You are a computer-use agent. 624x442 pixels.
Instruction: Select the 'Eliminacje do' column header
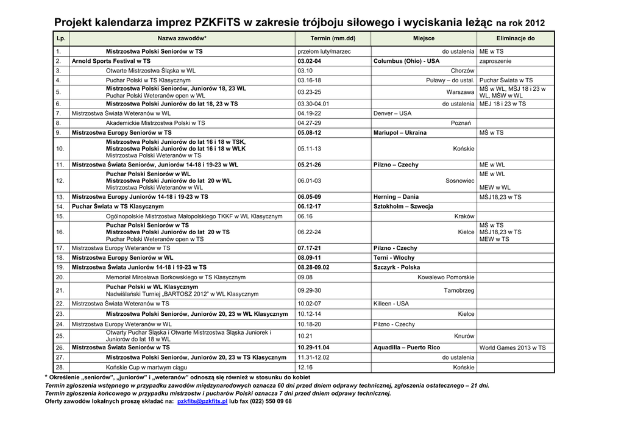coord(515,38)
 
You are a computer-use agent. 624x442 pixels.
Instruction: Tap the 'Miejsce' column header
coord(424,38)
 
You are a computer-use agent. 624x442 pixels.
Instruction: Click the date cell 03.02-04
coord(309,61)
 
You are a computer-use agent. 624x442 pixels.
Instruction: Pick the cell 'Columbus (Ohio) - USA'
coord(406,61)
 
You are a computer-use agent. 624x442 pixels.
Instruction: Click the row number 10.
coord(60,148)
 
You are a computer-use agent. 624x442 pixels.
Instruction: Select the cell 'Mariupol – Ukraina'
coord(400,132)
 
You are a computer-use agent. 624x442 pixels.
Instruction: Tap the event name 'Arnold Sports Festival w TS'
coord(111,61)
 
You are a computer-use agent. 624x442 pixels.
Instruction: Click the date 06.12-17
coord(309,207)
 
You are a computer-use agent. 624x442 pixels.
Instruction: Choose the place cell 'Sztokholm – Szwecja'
coord(403,207)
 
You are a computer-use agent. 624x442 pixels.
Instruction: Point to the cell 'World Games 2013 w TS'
coord(512,348)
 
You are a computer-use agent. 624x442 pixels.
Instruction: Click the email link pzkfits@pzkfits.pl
coord(202,401)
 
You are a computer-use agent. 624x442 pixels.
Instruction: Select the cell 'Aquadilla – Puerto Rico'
coord(406,348)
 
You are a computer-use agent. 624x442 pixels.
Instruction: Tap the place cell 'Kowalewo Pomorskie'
coord(445,277)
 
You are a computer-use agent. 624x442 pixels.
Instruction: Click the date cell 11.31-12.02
coord(313,357)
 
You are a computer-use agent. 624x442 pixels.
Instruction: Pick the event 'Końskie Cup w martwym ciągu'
coord(146,368)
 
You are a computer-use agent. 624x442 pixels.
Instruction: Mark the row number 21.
coord(60,290)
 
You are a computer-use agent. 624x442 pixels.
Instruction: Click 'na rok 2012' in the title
coord(520,23)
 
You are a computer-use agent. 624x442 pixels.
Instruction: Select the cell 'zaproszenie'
coord(495,61)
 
